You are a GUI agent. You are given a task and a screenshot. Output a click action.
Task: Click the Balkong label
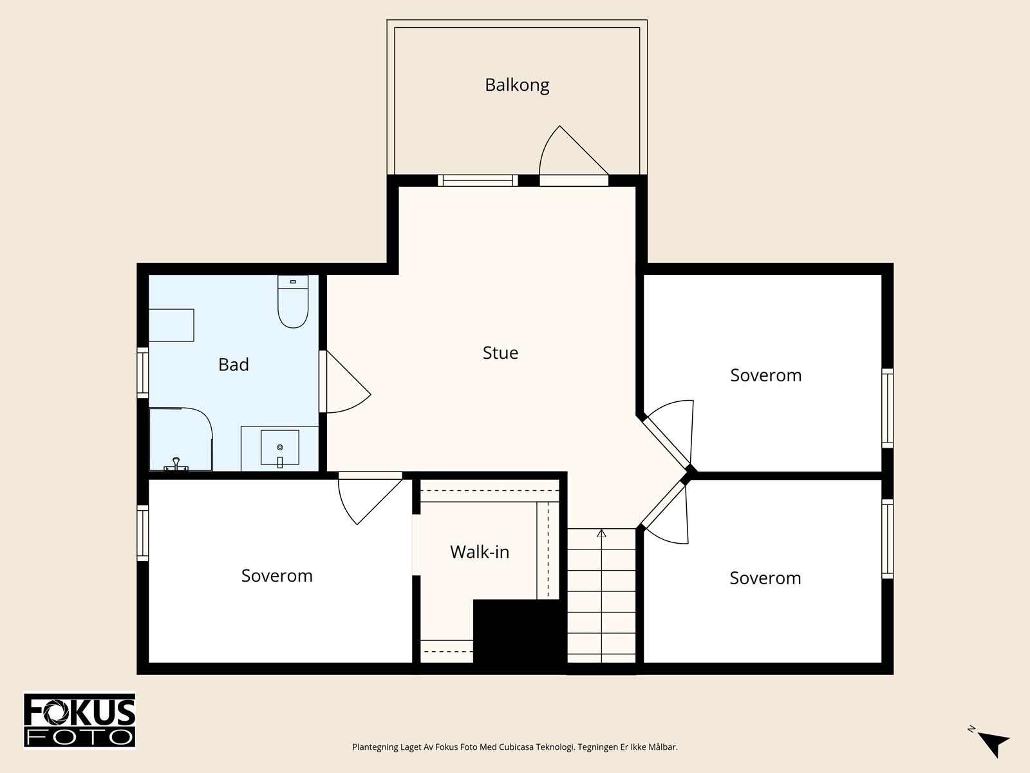point(517,86)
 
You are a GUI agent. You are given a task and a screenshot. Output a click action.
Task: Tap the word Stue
point(500,353)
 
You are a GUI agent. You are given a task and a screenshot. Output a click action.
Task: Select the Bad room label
point(234,365)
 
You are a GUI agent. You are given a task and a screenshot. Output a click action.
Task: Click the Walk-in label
point(480,552)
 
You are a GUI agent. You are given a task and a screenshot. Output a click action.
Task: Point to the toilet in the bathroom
point(293,301)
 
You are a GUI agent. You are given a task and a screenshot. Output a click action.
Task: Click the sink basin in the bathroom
point(279,448)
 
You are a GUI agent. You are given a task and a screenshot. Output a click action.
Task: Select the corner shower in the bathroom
point(181,439)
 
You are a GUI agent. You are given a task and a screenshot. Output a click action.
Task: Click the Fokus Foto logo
point(80,721)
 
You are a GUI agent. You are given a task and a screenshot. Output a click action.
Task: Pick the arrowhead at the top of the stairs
point(601,533)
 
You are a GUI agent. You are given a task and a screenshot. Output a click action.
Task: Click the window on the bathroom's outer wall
point(143,373)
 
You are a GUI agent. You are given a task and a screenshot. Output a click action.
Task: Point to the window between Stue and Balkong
point(478,181)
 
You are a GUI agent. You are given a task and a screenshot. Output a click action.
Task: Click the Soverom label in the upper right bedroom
point(766,376)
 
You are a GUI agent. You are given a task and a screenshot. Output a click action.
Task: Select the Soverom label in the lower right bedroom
point(765,578)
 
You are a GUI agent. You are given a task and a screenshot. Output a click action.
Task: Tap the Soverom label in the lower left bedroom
point(277,576)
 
